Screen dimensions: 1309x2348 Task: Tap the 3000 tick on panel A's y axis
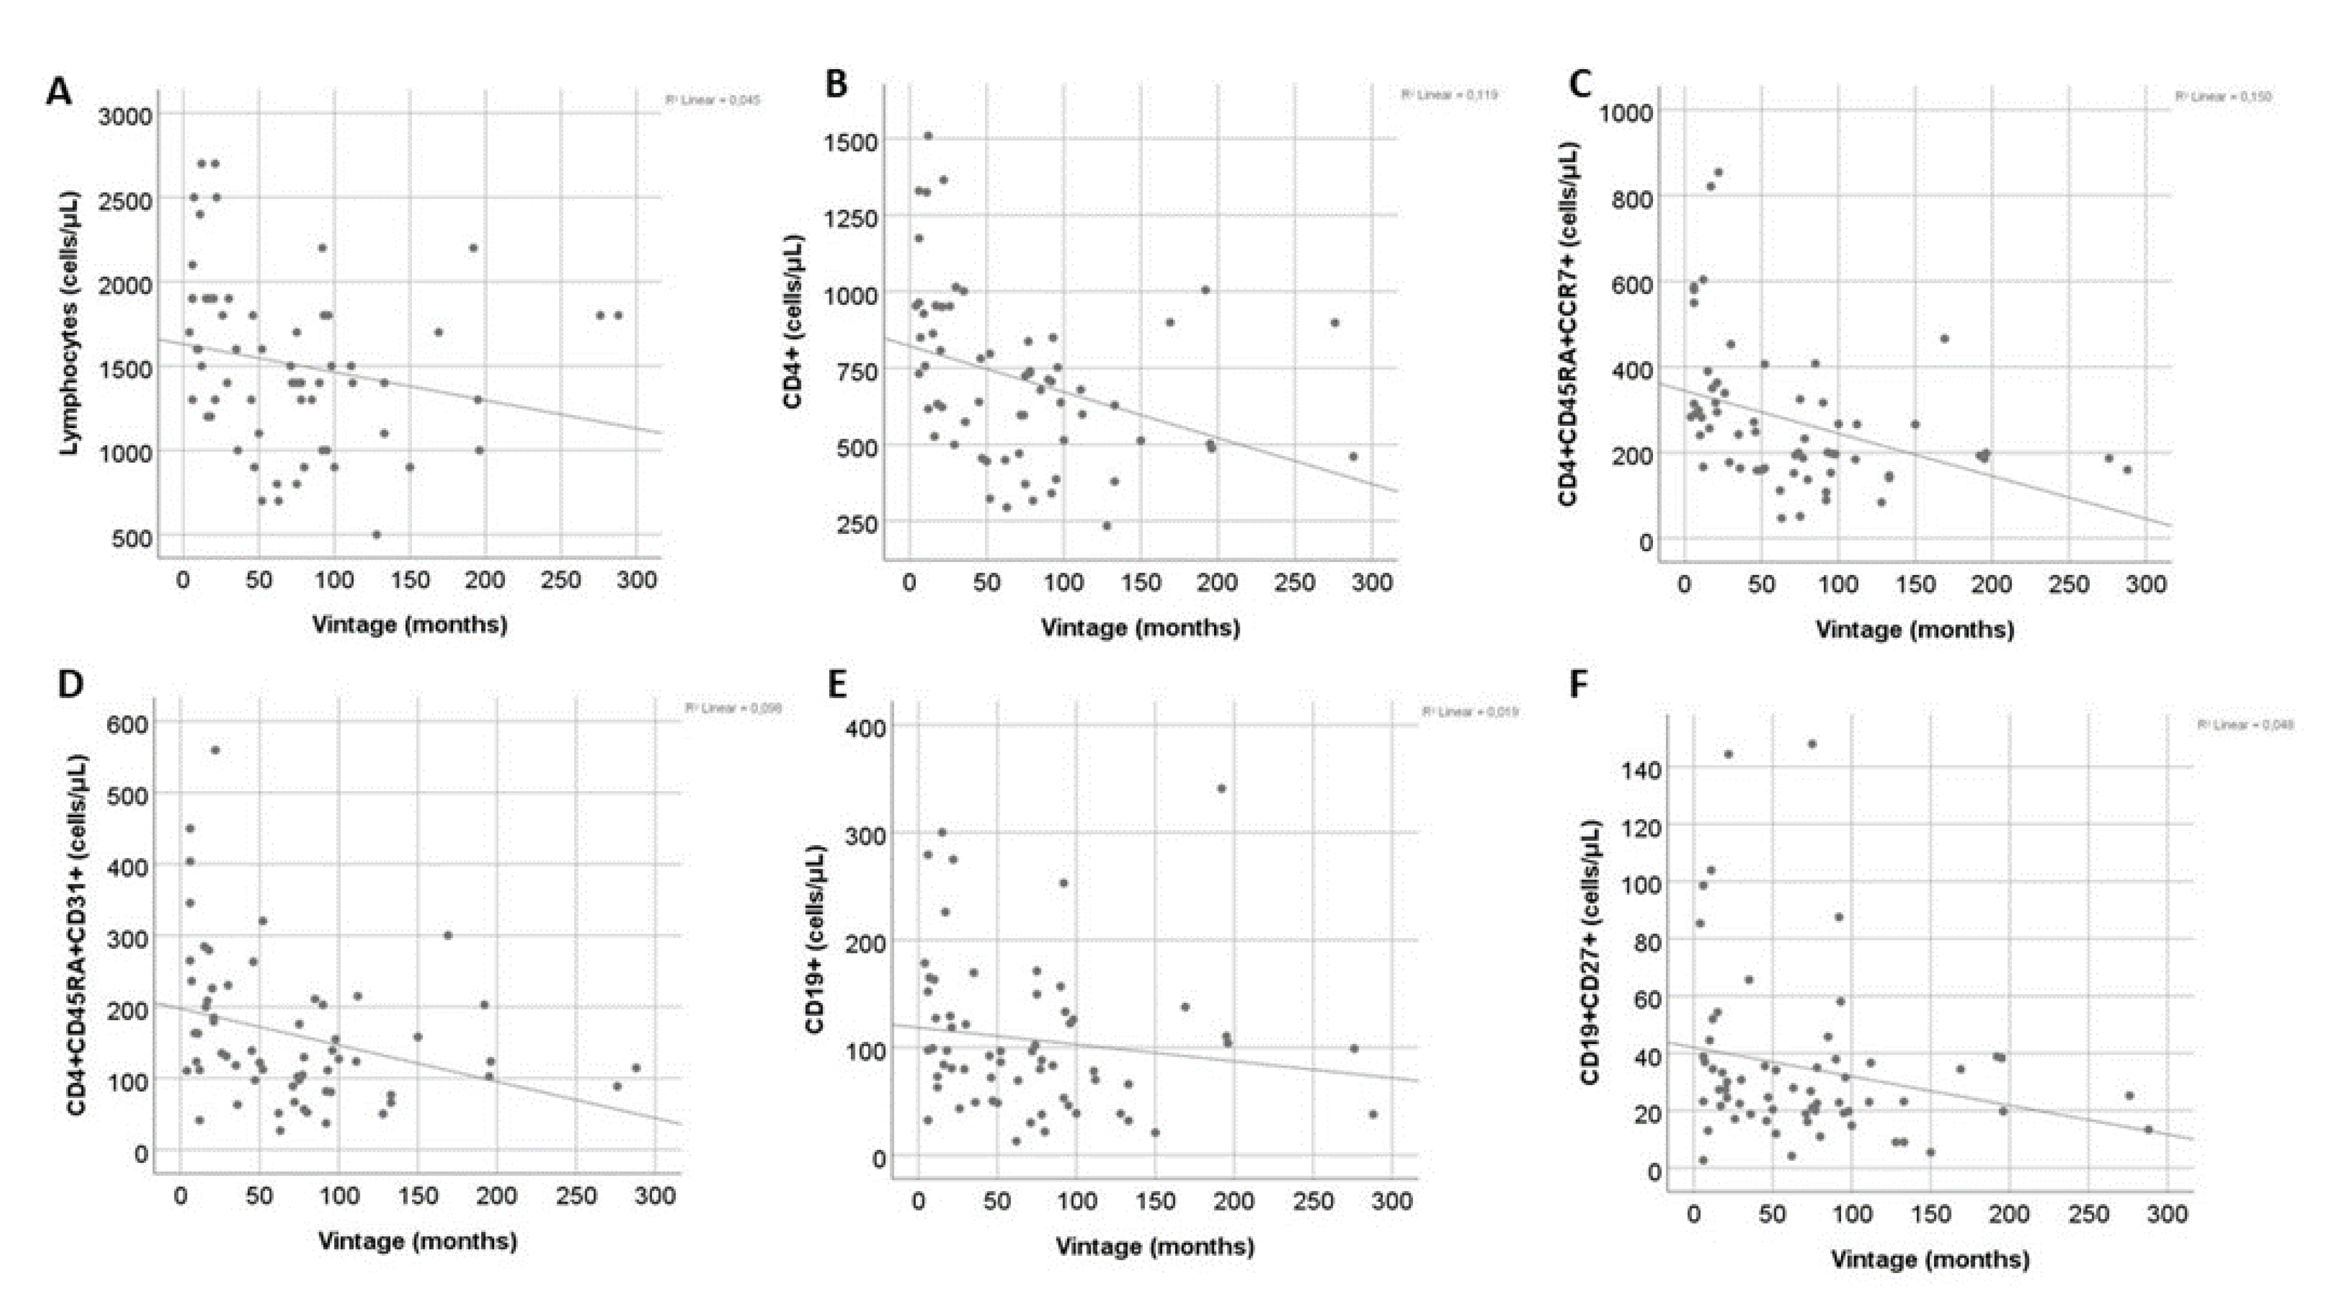click(x=125, y=116)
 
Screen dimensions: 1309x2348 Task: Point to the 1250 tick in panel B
click(x=850, y=218)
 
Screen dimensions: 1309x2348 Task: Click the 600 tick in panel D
click(x=128, y=724)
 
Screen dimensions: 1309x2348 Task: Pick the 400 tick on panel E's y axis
click(x=865, y=728)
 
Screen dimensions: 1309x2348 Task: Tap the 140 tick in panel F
click(x=1641, y=769)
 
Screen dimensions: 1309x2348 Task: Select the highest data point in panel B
click(x=928, y=136)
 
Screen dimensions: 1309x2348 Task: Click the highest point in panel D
click(x=215, y=750)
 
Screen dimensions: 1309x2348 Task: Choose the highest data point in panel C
click(x=1718, y=171)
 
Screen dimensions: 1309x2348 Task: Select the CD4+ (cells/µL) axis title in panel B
click(x=793, y=320)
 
